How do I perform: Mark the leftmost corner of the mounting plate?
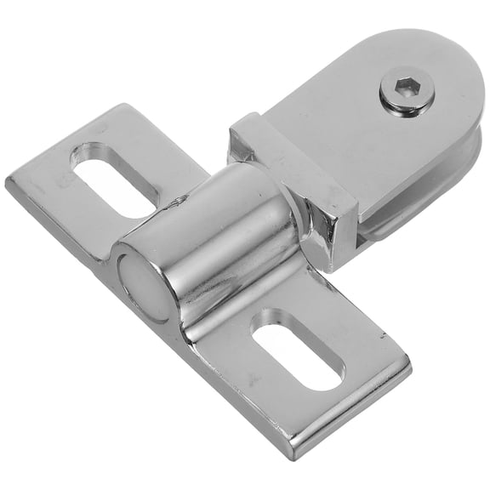click(9, 181)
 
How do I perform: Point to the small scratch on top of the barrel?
click(181, 201)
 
